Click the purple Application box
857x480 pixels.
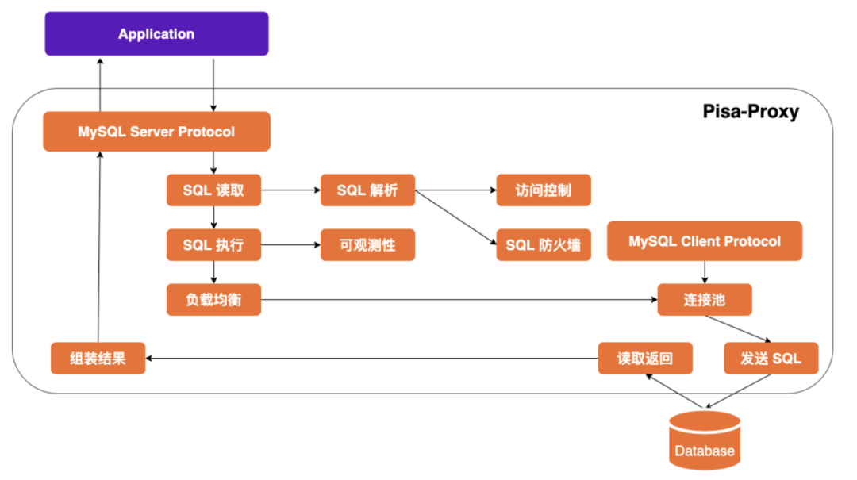[156, 34]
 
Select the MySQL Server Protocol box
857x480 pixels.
[156, 132]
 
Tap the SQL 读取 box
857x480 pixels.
[213, 190]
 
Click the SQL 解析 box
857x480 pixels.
[367, 190]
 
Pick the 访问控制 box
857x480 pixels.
[544, 190]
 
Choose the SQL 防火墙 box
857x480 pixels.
[544, 245]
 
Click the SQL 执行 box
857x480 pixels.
[213, 245]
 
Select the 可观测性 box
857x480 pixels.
[367, 245]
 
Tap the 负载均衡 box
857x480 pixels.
[213, 300]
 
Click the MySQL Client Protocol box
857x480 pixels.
[705, 241]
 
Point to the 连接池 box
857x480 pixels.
[705, 300]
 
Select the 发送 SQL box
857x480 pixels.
[771, 359]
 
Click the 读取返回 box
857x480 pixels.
[645, 359]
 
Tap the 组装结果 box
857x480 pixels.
[98, 359]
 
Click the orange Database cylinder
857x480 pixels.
[705, 440]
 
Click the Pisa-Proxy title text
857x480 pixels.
[751, 111]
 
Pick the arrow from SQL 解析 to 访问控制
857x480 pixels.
[455, 190]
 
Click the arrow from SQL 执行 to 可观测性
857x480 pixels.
[290, 245]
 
